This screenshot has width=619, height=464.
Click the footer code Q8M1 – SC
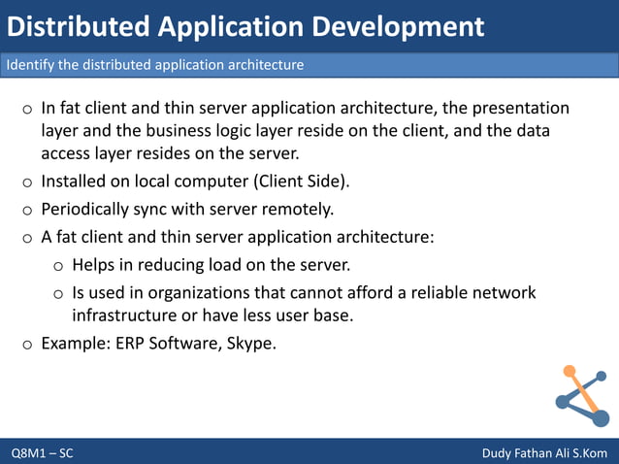(42, 453)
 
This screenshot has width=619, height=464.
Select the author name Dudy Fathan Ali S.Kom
(544, 453)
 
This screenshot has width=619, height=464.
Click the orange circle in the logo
(570, 371)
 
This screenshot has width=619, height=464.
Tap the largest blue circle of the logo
(600, 418)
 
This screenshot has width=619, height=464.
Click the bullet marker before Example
(27, 343)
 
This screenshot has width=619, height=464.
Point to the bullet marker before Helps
(58, 265)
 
